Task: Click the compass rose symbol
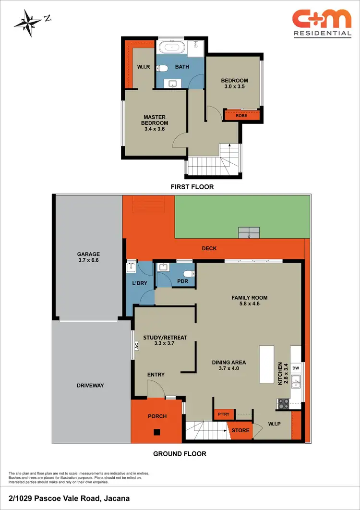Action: pyautogui.click(x=29, y=22)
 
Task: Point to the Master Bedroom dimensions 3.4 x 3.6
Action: pyautogui.click(x=155, y=129)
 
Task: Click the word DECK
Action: pyautogui.click(x=209, y=248)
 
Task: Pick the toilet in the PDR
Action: pyautogui.click(x=191, y=274)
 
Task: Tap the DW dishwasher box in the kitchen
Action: pyautogui.click(x=296, y=368)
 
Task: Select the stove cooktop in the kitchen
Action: pyautogui.click(x=283, y=404)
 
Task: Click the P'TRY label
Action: pyautogui.click(x=222, y=414)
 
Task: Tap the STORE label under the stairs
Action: pyautogui.click(x=240, y=430)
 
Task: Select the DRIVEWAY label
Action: pyautogui.click(x=90, y=385)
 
